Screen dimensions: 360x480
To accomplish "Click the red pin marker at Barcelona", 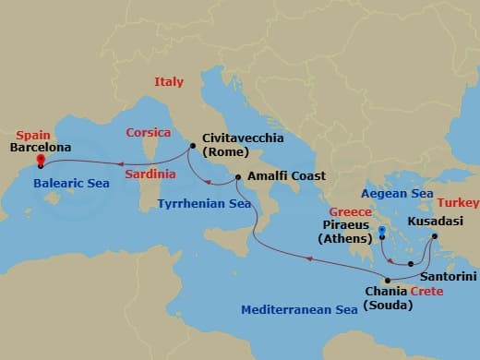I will [41, 161].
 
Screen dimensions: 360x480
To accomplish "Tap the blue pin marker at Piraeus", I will [382, 229].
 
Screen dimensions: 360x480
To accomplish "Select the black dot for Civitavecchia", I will [192, 146].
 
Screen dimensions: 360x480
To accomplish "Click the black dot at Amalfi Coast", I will [238, 177].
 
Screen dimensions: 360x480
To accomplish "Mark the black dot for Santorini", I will [411, 265].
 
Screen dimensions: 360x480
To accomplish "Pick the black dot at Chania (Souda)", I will [388, 281].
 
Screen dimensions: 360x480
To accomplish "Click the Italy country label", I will [170, 83].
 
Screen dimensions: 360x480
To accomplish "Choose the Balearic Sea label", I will [71, 184].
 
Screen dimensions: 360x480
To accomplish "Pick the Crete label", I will [426, 292].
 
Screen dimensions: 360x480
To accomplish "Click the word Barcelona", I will [40, 146].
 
